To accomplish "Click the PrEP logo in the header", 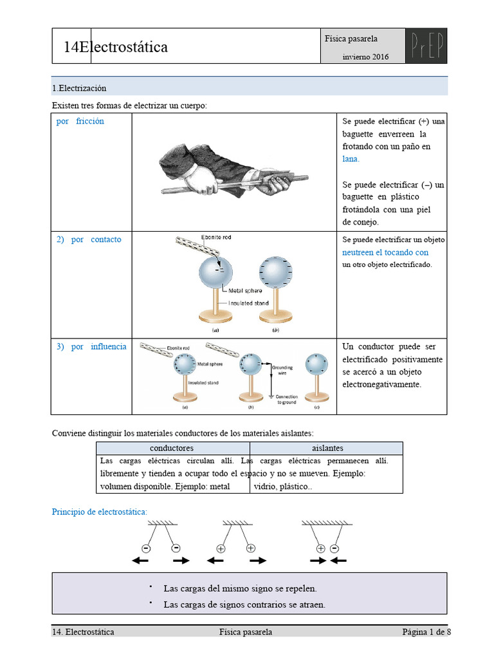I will tap(426, 46).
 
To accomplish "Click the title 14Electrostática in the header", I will tap(116, 46).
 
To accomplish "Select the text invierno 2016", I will tap(365, 57).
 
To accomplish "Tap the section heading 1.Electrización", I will tap(79, 88).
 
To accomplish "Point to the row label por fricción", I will tap(80, 121).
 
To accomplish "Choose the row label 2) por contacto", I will tap(89, 239).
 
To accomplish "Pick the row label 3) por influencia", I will tap(91, 346).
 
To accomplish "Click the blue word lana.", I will tap(351, 159).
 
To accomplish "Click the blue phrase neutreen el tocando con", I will tap(385, 252).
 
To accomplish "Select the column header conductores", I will tap(172, 448).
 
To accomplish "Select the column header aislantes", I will tap(327, 448).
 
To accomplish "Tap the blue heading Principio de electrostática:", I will tap(100, 512).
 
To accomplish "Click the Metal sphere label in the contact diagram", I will tap(245, 291).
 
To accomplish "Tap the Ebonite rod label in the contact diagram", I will tap(216, 237).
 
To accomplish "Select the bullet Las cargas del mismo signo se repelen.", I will tap(240, 588).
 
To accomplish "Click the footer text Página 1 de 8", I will tap(426, 632).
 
